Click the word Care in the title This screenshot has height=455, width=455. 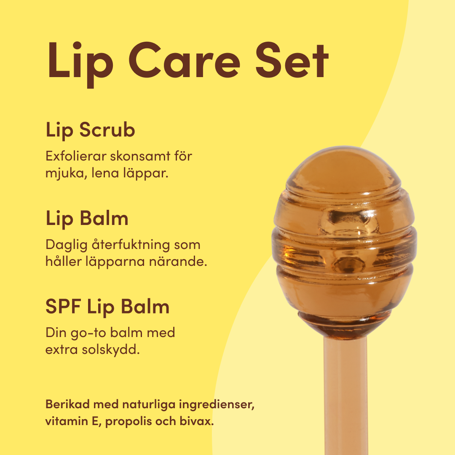pyautogui.click(x=185, y=60)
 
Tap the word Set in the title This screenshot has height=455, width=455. pyautogui.click(x=292, y=60)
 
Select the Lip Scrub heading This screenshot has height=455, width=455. pyautogui.click(x=90, y=130)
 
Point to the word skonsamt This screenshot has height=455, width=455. pyautogui.click(x=140, y=156)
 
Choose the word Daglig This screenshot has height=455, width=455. pyautogui.click(x=67, y=245)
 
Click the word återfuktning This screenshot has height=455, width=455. pyautogui.click(x=131, y=245)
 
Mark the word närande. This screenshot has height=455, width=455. pyautogui.click(x=178, y=262)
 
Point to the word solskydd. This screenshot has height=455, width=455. pyautogui.click(x=111, y=349)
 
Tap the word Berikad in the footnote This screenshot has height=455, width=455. pyautogui.click(x=67, y=404)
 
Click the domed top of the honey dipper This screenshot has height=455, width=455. pyautogui.click(x=343, y=171)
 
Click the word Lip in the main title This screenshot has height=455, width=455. pyautogui.click(x=80, y=64)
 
